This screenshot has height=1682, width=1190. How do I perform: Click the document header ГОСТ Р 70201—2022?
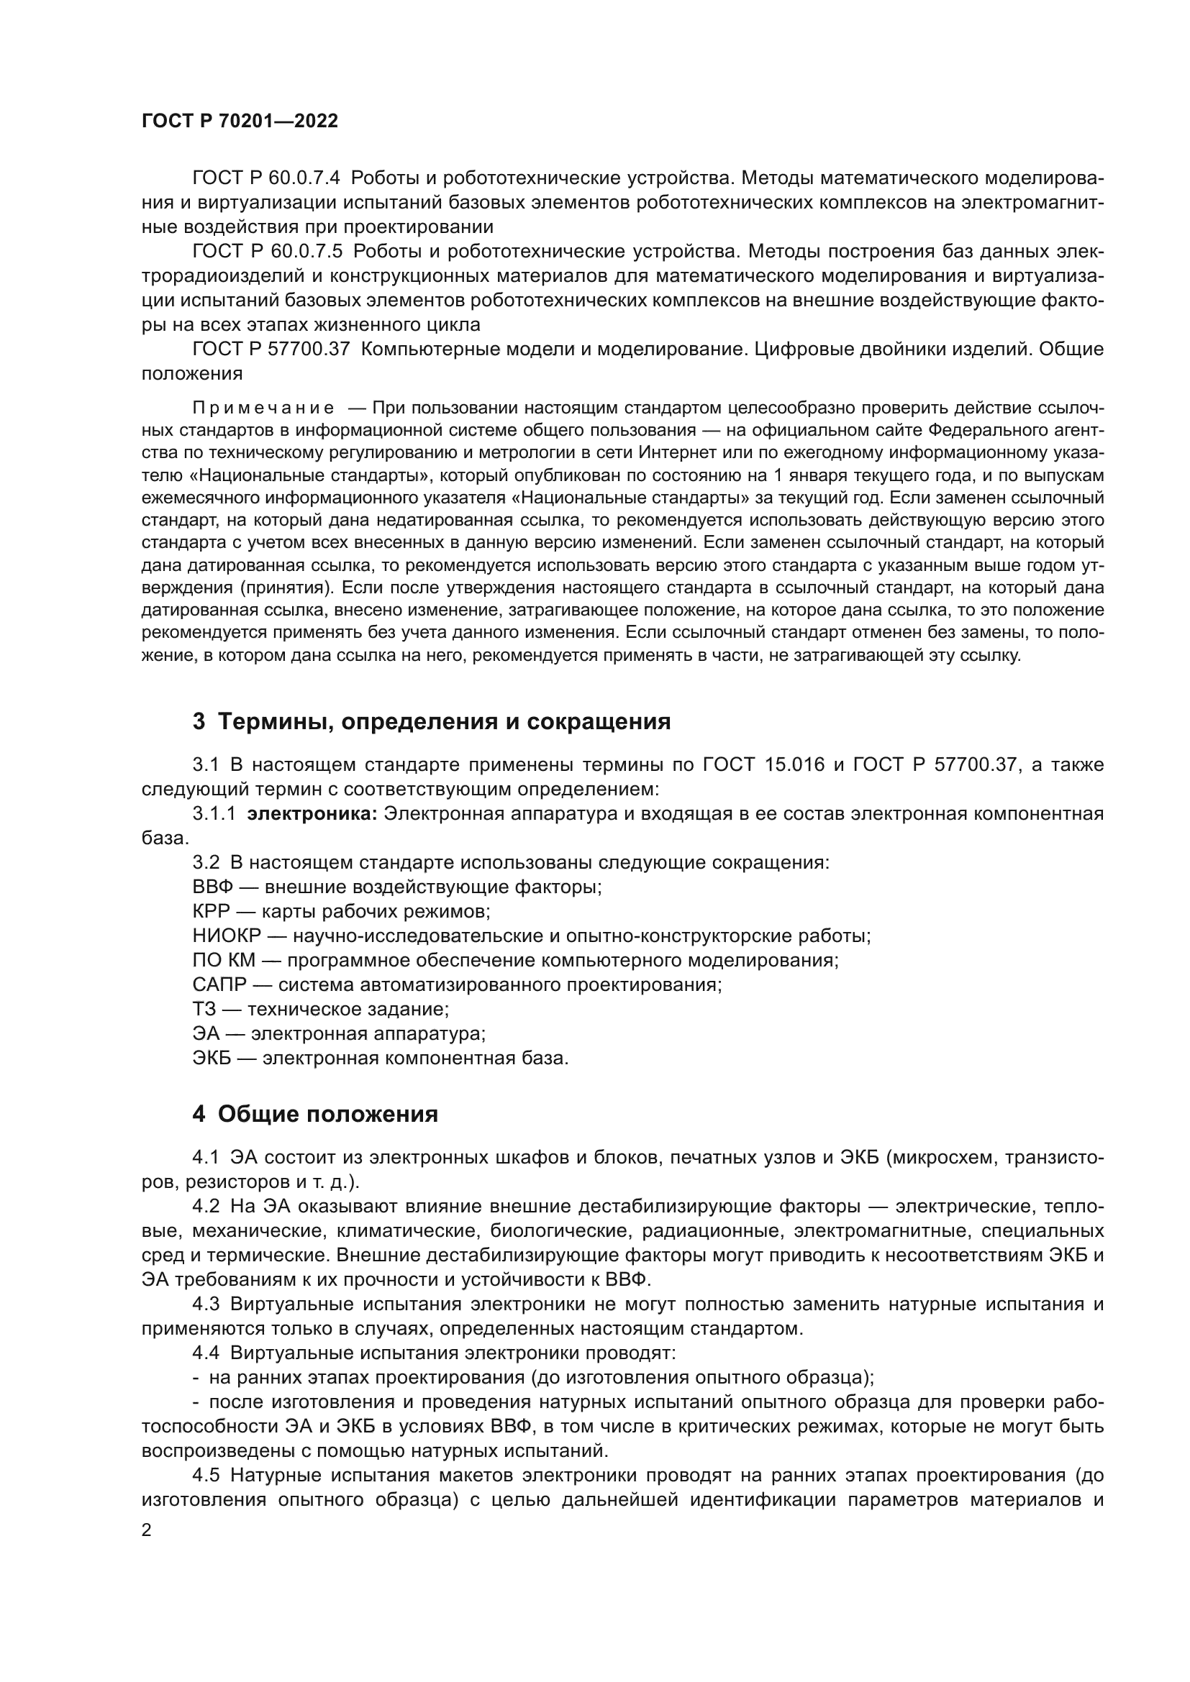(x=240, y=122)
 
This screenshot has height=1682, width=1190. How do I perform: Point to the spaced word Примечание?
(x=263, y=408)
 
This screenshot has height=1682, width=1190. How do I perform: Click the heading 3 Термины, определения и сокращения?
(x=432, y=721)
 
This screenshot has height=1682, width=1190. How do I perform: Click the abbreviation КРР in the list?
(x=211, y=911)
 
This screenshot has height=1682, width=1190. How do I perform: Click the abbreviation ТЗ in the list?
(x=204, y=1009)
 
